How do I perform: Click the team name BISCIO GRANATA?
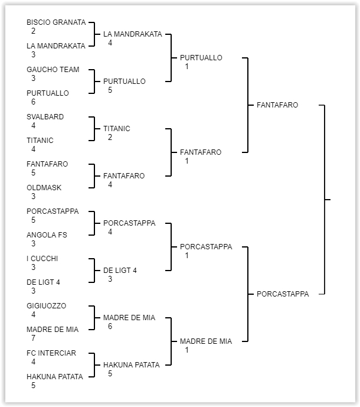pos(56,22)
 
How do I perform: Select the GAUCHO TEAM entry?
pos(53,70)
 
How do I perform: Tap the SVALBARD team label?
pos(45,117)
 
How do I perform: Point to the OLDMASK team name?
pos(44,188)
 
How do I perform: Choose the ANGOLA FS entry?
pos(47,235)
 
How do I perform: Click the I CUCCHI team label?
pos(42,259)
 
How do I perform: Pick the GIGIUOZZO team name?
pos(46,306)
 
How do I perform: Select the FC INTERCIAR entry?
pos(51,353)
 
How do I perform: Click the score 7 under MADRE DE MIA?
pos(34,338)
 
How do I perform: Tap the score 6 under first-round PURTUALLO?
pos(34,102)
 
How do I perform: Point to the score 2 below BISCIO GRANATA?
pos(34,31)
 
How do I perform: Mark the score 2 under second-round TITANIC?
pos(110,138)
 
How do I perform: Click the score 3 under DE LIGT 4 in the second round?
pos(110,279)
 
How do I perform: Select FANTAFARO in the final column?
pos(277,105)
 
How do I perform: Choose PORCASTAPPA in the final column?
pos(283,294)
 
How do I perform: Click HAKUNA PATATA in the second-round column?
pos(131,365)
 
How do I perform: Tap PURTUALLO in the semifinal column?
pos(201,58)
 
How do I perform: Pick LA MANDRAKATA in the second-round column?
pos(132,34)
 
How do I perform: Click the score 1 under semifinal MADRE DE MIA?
pos(187,350)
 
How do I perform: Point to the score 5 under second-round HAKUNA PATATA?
pos(110,374)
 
